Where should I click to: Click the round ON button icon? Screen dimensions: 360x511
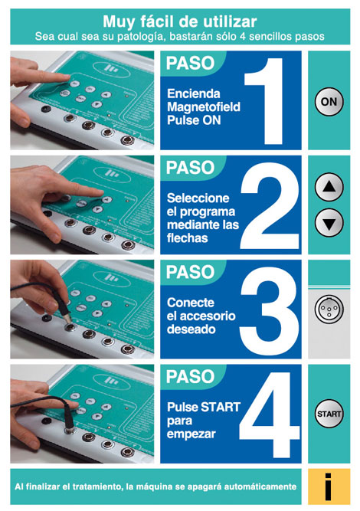point(329,102)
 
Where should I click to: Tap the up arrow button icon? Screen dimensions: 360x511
point(329,187)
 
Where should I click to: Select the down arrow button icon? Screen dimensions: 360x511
point(329,223)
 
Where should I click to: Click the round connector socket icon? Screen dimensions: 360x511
point(329,309)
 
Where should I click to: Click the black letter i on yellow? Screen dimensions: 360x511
point(329,487)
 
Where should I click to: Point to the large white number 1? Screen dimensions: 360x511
point(264,101)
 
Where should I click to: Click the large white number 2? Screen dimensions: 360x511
point(270,206)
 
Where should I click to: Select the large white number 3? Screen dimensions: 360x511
point(269,310)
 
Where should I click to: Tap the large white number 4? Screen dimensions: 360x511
point(270,415)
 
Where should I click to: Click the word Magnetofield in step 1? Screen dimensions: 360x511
point(204,107)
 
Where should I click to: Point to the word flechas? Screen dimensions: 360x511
point(188,238)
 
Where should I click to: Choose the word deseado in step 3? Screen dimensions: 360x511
point(191,329)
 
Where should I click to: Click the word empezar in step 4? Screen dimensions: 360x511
point(191,434)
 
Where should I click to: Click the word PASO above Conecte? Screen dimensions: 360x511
point(190,272)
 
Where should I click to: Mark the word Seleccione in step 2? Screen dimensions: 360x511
point(198,198)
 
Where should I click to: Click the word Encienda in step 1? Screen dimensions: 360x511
point(194,94)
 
